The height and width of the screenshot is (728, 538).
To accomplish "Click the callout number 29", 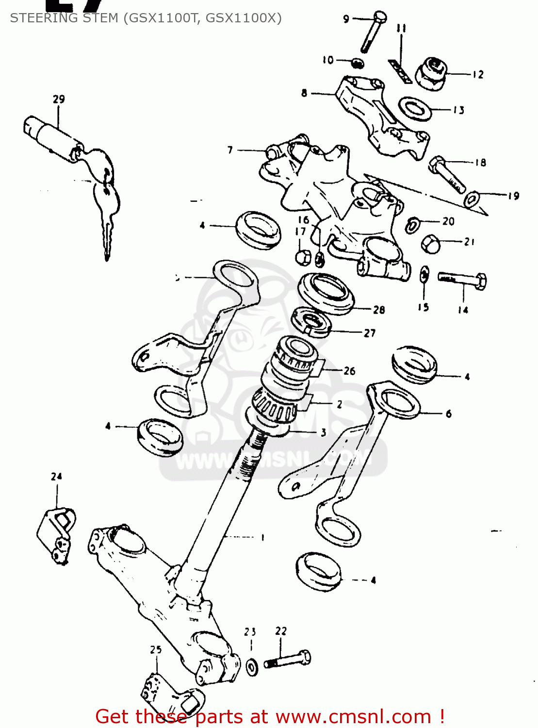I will tap(59, 99).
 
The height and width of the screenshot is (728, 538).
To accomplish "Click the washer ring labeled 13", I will tap(415, 108).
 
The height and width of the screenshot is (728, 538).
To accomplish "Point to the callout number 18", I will tap(480, 163).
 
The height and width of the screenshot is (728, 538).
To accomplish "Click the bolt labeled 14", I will tap(463, 279).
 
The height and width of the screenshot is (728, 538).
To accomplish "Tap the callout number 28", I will tap(379, 310).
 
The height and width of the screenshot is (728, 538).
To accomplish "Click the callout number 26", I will tap(349, 371).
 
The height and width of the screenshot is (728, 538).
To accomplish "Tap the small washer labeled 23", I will tap(252, 666).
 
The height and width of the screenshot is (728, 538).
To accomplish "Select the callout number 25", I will tap(155, 649).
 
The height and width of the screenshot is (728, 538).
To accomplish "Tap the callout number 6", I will tap(449, 414).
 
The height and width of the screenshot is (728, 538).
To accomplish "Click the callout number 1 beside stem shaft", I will tap(262, 537).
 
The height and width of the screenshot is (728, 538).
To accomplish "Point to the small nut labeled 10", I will tap(358, 63).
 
